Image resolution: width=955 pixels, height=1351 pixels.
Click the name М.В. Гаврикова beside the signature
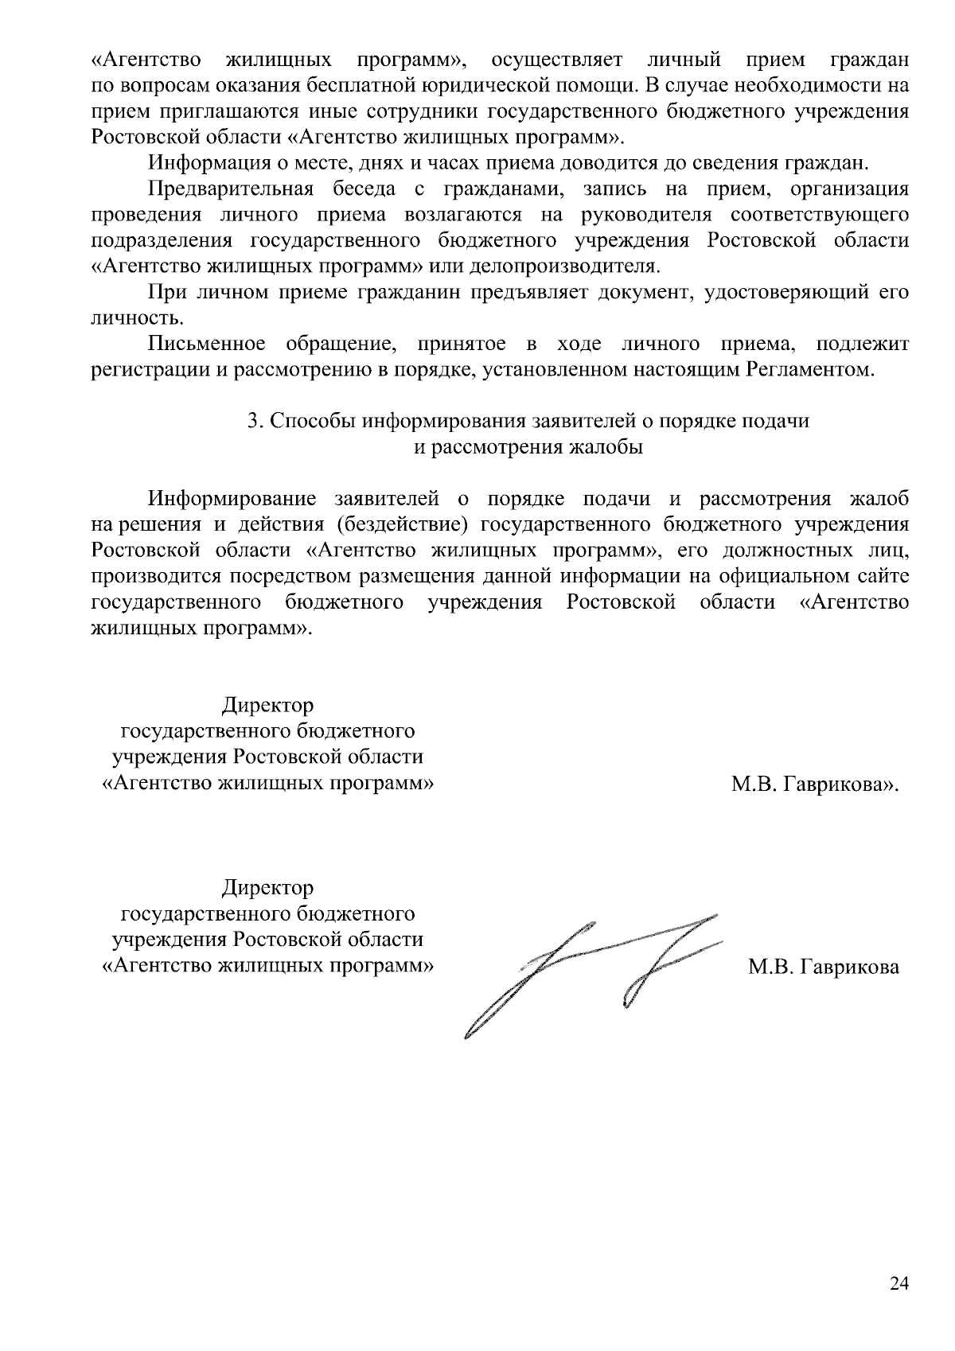[824, 968]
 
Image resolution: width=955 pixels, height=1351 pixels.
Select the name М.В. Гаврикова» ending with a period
[815, 785]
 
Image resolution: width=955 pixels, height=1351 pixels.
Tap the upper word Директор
[267, 706]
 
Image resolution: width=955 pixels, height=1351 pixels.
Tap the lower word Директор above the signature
[267, 887]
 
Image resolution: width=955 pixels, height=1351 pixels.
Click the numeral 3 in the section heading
[252, 422]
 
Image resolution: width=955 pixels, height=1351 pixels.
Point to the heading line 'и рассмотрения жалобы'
[528, 447]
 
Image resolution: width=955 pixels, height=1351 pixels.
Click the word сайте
[879, 576]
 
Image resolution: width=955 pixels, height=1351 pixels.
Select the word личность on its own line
[125, 318]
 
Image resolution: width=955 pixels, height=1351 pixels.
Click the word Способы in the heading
[312, 422]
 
